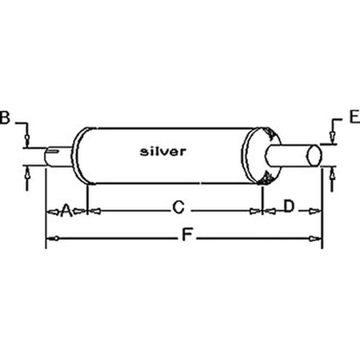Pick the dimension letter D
[x=289, y=209]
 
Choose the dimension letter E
[x=353, y=121]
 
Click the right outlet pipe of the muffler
[x=292, y=155]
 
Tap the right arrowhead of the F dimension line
[x=318, y=238]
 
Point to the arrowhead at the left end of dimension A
[x=50, y=211]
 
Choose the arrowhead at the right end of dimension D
[x=318, y=211]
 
